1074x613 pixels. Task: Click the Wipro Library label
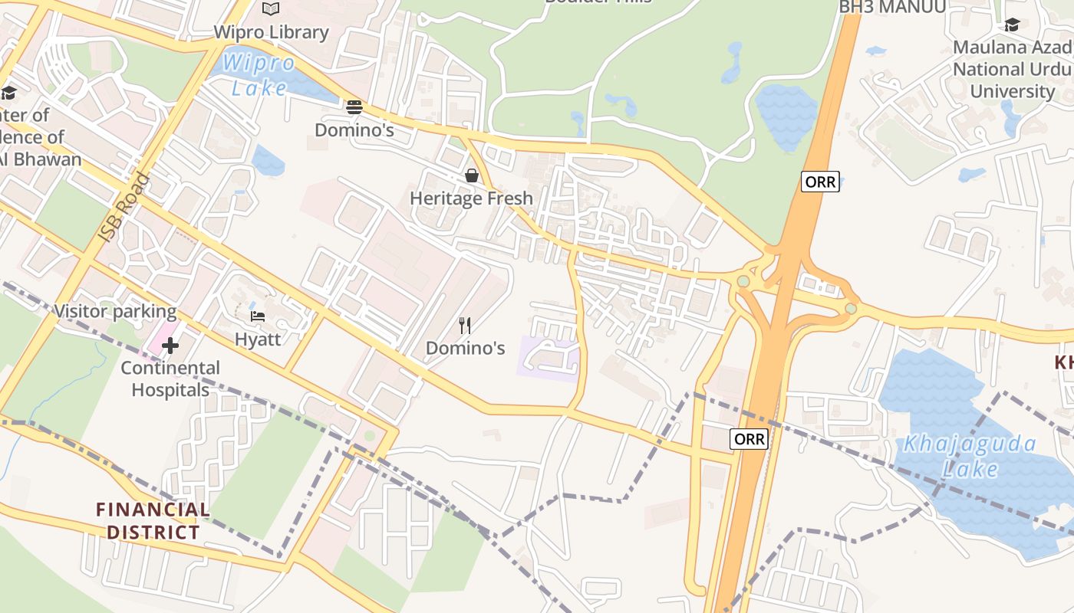[271, 32]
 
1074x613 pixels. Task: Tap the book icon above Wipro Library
[271, 8]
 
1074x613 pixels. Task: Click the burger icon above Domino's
[354, 107]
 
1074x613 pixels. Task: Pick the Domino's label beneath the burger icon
[354, 130]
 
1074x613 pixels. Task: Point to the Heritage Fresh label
[471, 198]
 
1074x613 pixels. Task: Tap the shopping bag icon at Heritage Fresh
[471, 176]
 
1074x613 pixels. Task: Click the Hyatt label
[258, 339]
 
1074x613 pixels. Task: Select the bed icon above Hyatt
[258, 316]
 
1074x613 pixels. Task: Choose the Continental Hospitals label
[170, 379]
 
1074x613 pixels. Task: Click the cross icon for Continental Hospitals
[170, 347]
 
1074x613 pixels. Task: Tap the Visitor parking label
[115, 312]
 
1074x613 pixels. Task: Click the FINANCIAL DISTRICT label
[153, 520]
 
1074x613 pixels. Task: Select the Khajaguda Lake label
[970, 456]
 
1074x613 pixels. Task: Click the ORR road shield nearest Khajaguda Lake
[748, 439]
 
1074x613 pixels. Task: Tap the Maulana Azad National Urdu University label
[1012, 69]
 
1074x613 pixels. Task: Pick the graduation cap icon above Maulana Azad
[1012, 25]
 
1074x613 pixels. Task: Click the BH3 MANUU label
[892, 8]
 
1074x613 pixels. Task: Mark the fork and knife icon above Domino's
[465, 326]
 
